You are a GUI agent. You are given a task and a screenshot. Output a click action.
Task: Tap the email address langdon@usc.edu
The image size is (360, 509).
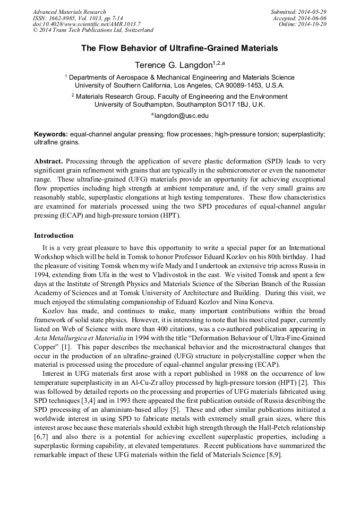point(181,115)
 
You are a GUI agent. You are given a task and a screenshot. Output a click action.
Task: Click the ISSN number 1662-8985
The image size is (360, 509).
point(65,18)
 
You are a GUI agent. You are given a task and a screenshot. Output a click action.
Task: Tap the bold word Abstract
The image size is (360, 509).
point(49,161)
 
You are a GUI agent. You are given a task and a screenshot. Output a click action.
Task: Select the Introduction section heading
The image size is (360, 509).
point(54,235)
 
